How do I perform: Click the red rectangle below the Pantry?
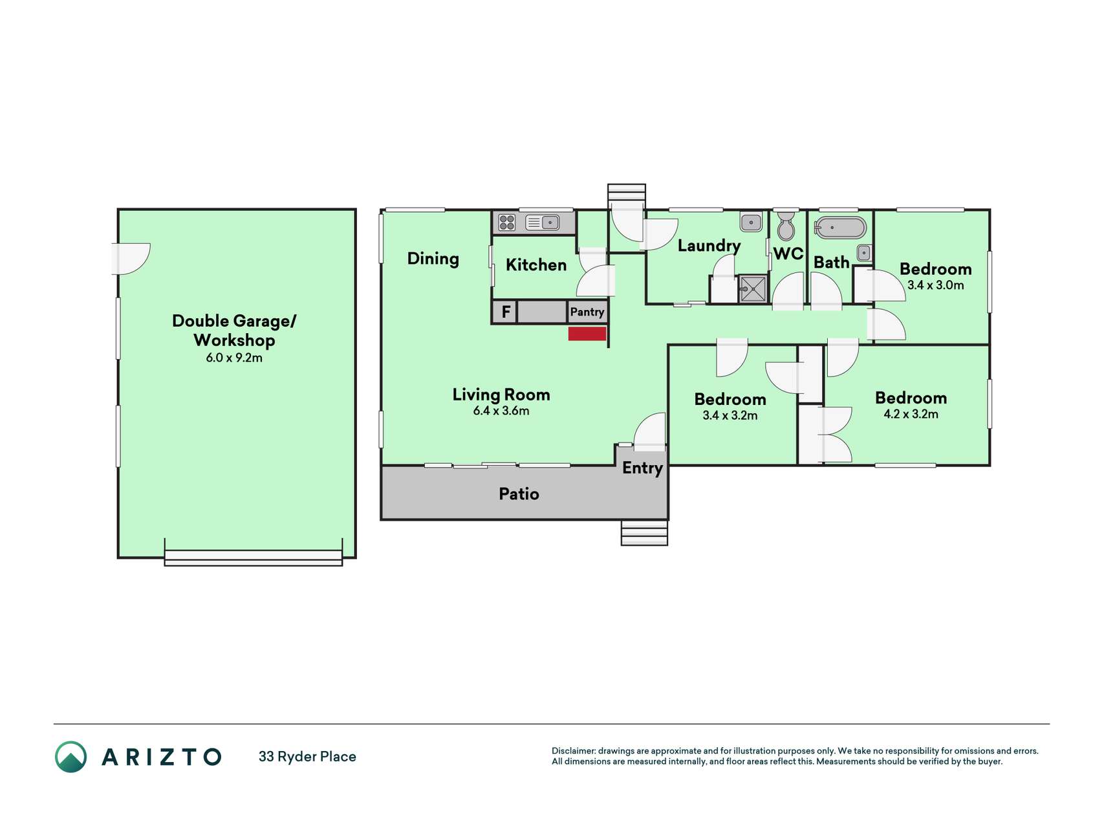click(587, 334)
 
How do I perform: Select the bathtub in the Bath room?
click(840, 228)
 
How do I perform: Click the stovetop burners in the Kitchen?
click(507, 223)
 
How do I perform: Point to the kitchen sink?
click(543, 223)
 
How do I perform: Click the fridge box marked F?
click(505, 312)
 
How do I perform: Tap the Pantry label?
click(587, 312)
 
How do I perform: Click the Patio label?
click(519, 494)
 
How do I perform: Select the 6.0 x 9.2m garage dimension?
click(234, 358)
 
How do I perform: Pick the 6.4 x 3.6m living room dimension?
click(501, 411)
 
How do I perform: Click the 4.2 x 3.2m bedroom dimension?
click(911, 414)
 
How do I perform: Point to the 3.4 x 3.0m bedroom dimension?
click(935, 285)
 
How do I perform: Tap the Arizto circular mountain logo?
click(70, 757)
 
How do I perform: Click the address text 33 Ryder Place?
click(307, 757)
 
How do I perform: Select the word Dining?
click(433, 259)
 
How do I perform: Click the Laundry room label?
click(709, 246)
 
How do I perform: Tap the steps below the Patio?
click(644, 532)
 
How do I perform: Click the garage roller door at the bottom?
click(254, 558)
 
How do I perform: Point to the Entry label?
click(642, 468)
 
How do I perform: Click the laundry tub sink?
click(751, 222)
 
